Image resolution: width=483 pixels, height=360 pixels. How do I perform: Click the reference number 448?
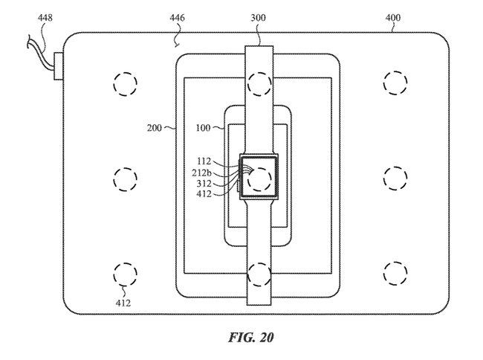[45, 18]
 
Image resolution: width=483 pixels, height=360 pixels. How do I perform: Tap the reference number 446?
[177, 18]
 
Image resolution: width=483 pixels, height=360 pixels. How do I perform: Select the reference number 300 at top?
[258, 18]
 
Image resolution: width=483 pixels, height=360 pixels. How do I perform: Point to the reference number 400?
[393, 18]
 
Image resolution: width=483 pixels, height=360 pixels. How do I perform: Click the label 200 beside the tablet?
[154, 128]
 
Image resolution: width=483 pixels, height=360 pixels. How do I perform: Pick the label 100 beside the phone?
[203, 128]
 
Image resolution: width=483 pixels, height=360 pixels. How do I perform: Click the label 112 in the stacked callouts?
[204, 161]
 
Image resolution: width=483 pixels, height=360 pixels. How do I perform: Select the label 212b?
[202, 173]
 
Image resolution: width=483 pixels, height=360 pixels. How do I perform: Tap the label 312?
[204, 184]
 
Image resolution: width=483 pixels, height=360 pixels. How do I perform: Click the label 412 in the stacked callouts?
[204, 194]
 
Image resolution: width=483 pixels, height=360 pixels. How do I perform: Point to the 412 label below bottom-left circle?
[123, 303]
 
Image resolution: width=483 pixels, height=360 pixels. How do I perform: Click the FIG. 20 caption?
[250, 338]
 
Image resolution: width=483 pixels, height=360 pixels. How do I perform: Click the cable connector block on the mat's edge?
[59, 66]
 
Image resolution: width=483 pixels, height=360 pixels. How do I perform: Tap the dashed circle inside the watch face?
[259, 179]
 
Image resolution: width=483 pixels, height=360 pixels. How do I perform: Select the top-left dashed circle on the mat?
[125, 84]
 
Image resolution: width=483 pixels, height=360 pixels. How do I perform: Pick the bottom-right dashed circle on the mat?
[395, 274]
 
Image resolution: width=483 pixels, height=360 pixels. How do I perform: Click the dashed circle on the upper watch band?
[259, 84]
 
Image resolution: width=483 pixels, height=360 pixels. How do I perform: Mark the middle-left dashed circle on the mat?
[125, 179]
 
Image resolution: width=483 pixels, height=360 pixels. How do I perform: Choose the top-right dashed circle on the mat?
[395, 83]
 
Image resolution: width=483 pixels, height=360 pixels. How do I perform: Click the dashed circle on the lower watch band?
[259, 274]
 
